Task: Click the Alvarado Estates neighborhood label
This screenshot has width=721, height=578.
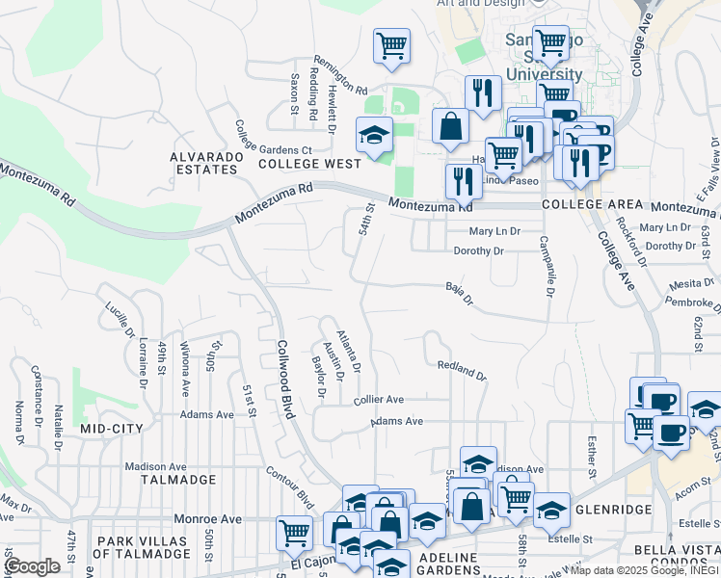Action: (203, 163)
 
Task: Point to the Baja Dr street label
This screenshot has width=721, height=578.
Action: (460, 293)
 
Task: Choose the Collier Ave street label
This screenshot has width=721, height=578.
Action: (378, 399)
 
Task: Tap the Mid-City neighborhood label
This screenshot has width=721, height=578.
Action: (111, 428)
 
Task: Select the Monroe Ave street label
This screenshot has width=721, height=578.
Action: (207, 518)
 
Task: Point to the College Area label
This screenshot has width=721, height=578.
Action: (592, 205)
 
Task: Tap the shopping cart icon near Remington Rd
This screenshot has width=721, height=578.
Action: (391, 45)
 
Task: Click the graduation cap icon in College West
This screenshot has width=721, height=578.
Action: (374, 135)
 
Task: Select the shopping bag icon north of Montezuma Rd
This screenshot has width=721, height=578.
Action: (450, 126)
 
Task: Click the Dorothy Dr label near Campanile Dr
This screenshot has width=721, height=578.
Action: (479, 250)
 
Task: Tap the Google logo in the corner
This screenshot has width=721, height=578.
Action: (33, 566)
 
